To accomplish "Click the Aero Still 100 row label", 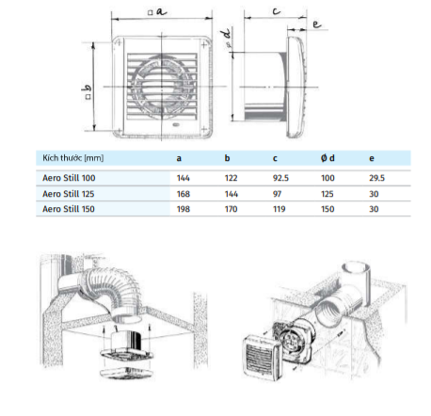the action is tap(69, 178).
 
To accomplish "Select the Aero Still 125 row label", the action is tap(69, 194).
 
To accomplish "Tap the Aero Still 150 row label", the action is tap(69, 209).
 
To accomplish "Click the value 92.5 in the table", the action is tap(280, 178).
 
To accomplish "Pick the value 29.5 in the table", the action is tap(376, 178).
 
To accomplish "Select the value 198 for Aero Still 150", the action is tap(184, 209).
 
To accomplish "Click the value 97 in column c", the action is tap(277, 194).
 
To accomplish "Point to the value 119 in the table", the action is tap(279, 209).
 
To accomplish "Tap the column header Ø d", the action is tap(327, 158).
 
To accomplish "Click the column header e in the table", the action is tap(372, 158).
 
